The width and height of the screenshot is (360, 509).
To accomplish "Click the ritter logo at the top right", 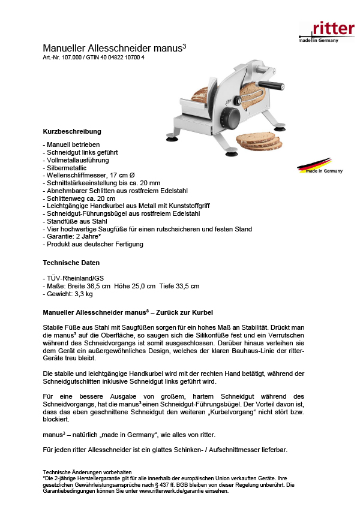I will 326,30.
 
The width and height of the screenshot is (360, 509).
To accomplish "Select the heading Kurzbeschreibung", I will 72,131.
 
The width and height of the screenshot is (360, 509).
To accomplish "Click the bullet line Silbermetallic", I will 65,168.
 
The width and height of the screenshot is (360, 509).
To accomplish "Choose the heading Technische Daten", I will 71,263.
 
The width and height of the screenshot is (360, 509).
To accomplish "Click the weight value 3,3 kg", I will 80,294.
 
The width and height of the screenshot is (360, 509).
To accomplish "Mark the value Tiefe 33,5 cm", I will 178,287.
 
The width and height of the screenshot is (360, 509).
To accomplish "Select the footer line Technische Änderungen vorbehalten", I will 87,472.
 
